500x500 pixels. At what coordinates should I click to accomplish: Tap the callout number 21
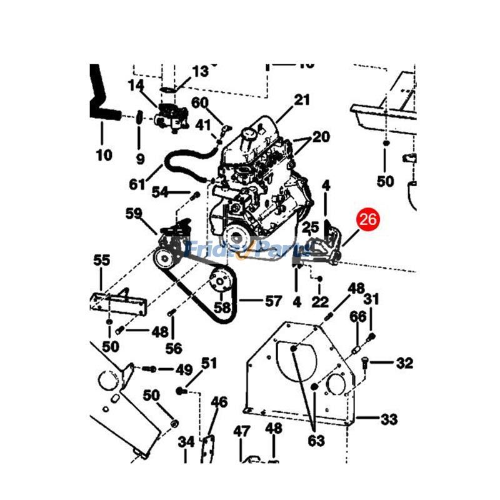coord(302,99)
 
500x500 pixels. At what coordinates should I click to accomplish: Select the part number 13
coord(200,71)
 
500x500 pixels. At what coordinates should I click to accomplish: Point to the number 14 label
coord(136,84)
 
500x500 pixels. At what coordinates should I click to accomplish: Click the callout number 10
coord(104,154)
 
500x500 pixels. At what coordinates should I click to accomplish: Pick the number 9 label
coord(140,159)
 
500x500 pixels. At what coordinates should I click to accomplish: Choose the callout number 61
coord(137,184)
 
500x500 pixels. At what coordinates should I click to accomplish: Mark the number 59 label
coord(134,213)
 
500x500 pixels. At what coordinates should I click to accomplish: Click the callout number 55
coord(102,261)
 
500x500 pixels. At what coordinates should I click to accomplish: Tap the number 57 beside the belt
coord(273,301)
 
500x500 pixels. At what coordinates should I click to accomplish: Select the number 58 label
coord(222,307)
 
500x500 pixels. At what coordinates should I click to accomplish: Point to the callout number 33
coord(389,419)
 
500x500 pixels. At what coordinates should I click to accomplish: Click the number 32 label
coord(404,362)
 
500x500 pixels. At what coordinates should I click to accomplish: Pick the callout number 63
coord(316,441)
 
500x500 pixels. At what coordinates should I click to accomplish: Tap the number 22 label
coord(320,302)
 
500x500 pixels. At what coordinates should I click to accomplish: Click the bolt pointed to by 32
coord(366,361)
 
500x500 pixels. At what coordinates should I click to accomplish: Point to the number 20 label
coord(321,137)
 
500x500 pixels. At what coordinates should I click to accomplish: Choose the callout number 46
coord(219,402)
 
